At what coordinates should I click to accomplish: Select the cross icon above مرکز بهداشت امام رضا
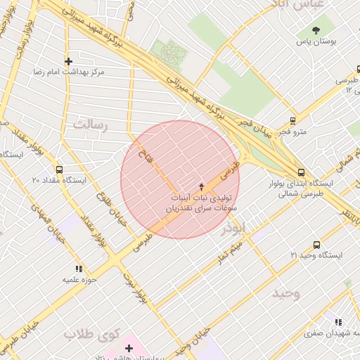(68, 61)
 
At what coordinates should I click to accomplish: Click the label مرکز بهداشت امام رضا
(68, 72)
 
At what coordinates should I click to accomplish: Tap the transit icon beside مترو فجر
(293, 121)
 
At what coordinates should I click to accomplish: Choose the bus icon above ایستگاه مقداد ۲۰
(58, 169)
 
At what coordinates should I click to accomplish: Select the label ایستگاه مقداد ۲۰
(58, 181)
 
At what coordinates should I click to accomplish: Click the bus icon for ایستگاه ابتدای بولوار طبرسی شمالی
(301, 172)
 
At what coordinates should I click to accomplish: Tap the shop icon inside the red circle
(202, 186)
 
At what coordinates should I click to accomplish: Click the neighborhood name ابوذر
(233, 229)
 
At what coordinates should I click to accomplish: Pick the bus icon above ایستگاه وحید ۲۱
(316, 245)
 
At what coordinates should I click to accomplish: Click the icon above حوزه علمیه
(79, 269)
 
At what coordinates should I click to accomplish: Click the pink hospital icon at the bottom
(129, 349)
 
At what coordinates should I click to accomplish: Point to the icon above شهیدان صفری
(340, 321)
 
